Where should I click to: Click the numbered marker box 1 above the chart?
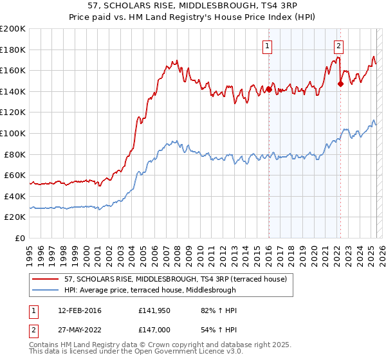coord(267,46)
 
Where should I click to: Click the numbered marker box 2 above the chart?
coord(338,46)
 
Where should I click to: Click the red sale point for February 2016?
coord(269,90)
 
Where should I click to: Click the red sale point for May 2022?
coord(340,82)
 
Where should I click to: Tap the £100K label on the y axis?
coord(13,133)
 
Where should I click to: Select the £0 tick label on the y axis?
coord(21,238)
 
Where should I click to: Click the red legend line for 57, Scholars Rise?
coord(46,278)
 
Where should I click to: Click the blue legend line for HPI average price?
coord(46,290)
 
